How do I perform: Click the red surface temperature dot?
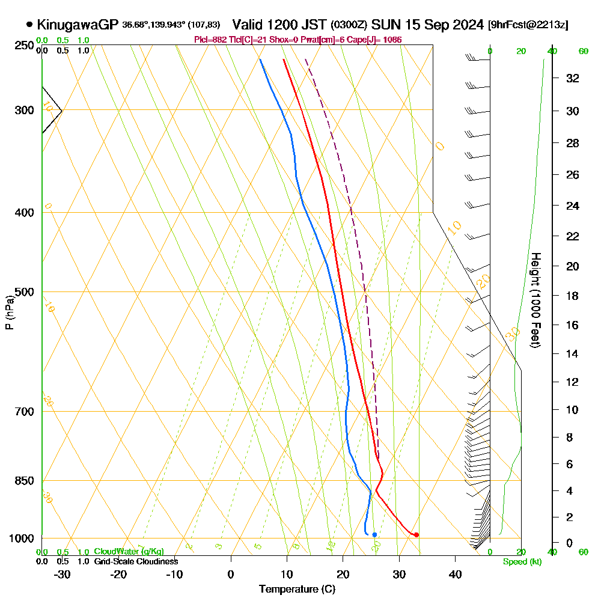[416, 534]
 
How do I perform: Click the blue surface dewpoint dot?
[374, 534]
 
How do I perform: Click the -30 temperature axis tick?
[63, 574]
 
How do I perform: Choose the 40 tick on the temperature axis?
[455, 574]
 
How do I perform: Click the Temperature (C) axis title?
[297, 590]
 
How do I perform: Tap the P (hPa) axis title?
[9, 312]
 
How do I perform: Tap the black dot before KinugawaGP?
[29, 25]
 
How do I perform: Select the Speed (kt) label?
[522, 562]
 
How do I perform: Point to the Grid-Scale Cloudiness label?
[135, 561]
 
